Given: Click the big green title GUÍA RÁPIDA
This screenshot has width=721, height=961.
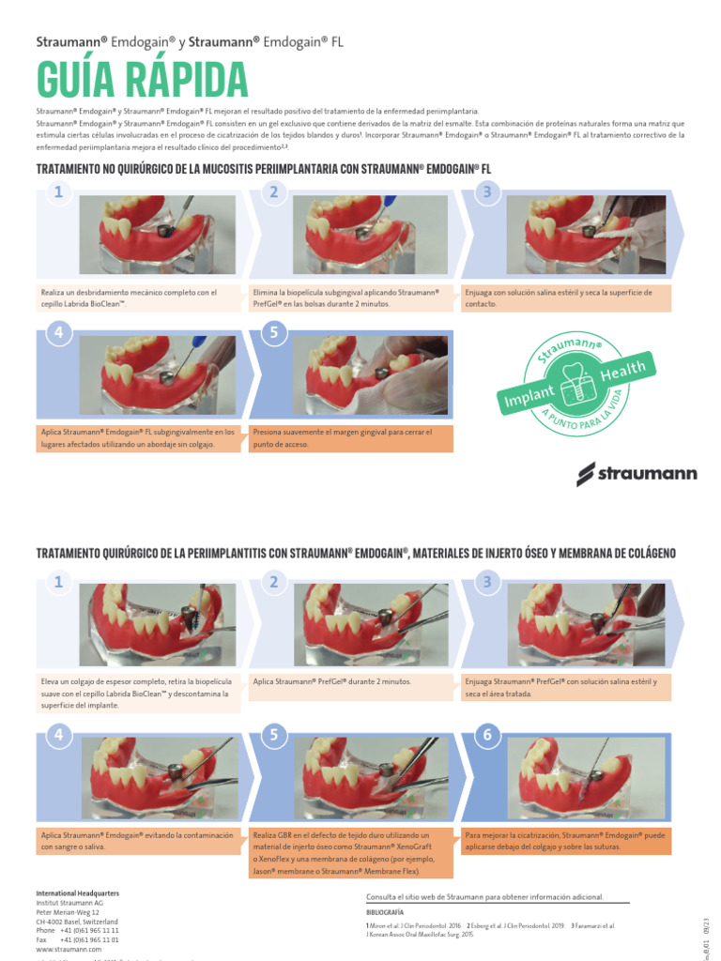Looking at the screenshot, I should point(142,79).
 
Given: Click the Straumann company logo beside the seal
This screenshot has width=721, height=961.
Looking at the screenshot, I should point(636,473).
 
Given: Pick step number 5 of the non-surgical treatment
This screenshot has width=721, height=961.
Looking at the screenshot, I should point(273,332).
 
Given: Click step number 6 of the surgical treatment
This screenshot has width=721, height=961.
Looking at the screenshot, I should point(487,736).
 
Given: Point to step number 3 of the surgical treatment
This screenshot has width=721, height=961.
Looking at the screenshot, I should point(487,583).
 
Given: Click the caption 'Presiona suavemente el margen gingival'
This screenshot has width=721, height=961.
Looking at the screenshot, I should point(351,437).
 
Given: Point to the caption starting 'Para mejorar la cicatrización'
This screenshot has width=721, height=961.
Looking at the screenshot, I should point(567,840).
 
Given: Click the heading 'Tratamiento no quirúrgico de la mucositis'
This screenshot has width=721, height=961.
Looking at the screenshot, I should point(263,169).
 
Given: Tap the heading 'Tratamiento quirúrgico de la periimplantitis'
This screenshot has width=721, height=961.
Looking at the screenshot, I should point(355,553).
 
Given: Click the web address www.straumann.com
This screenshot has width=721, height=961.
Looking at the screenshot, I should point(69,949).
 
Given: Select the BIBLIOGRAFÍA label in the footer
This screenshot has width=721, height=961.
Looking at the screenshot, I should point(385,911).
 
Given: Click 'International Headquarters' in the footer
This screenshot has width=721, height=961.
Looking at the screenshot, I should point(77,892).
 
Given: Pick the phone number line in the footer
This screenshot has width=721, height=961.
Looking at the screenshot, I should point(77,930).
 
